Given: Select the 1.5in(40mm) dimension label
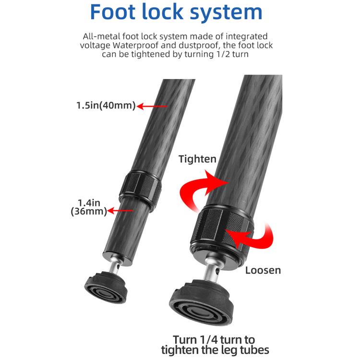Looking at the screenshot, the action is click(106, 106).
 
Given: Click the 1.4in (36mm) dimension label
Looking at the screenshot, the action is click(89, 207).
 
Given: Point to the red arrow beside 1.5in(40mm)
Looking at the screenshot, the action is click(152, 106).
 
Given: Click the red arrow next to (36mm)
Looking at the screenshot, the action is click(120, 211).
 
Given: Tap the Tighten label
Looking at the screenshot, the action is click(197, 159).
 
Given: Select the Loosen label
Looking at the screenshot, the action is click(263, 270).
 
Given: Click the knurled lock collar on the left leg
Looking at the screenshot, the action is click(140, 188).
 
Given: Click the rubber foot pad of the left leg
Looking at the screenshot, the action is click(106, 287).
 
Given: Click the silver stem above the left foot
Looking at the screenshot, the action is click(114, 266).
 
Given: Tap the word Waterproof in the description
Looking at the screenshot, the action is click(135, 45).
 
